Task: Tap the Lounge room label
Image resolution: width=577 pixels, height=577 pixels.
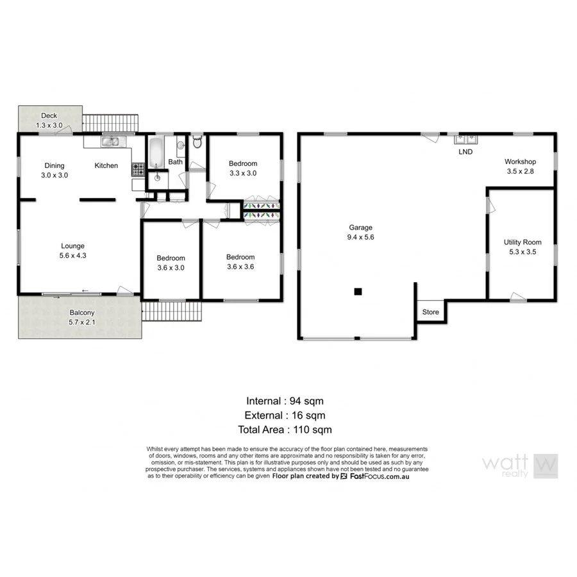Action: [72, 246]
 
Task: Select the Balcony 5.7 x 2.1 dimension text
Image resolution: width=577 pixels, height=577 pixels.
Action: [82, 323]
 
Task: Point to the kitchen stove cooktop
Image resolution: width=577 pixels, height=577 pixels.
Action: [138, 170]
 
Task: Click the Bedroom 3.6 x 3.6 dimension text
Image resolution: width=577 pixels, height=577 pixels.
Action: [240, 267]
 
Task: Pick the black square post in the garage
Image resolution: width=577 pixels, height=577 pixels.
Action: [358, 292]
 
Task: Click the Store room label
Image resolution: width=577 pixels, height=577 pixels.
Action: [430, 312]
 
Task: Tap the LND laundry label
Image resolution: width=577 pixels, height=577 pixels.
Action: [465, 152]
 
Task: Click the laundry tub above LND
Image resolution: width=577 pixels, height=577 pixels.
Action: [464, 138]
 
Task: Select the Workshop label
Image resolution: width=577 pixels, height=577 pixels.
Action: [520, 162]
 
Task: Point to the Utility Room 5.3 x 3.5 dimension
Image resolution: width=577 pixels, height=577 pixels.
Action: [522, 252]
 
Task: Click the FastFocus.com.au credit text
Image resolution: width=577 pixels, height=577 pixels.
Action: [378, 476]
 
